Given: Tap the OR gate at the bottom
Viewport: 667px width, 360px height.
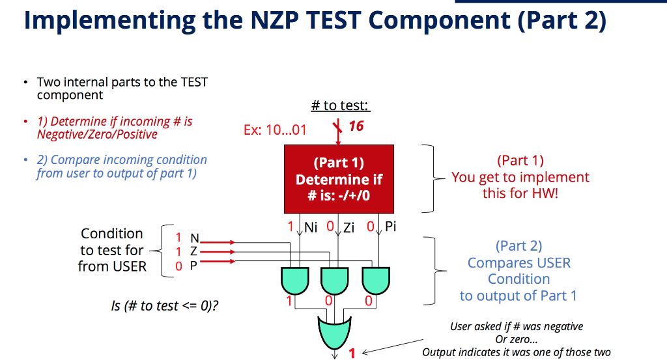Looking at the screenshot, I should pos(334,333).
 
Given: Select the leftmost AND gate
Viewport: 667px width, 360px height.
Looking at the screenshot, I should pos(296,281).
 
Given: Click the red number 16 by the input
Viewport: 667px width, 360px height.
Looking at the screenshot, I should pos(356,126).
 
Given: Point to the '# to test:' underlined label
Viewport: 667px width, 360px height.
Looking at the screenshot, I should pos(341,105).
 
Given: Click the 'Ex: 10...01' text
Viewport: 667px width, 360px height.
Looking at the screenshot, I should pos(275,130).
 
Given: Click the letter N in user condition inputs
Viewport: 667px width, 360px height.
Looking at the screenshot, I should pos(194,239).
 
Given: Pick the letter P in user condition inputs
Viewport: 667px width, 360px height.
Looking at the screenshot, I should pos(193,265).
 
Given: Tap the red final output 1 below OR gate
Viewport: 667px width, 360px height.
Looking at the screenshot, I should pos(352,353).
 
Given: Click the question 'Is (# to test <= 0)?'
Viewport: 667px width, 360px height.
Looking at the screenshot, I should pos(165,306).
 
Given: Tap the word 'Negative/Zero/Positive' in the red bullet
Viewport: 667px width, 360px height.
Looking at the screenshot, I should pos(97,135).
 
